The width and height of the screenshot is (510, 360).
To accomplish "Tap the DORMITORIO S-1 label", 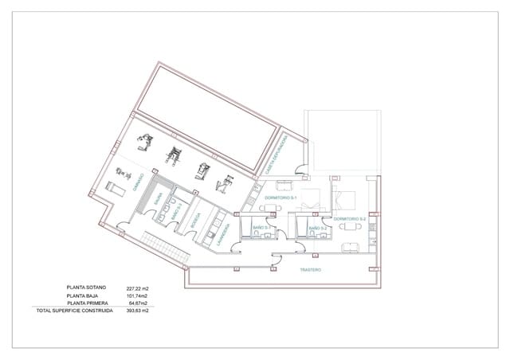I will (281, 197).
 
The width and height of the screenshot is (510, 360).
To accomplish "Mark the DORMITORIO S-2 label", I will (350, 218).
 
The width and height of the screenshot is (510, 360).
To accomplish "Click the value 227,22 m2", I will (138, 288).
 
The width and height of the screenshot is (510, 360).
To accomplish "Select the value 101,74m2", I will (138, 295).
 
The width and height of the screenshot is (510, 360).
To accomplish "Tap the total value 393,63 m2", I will (138, 311).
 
